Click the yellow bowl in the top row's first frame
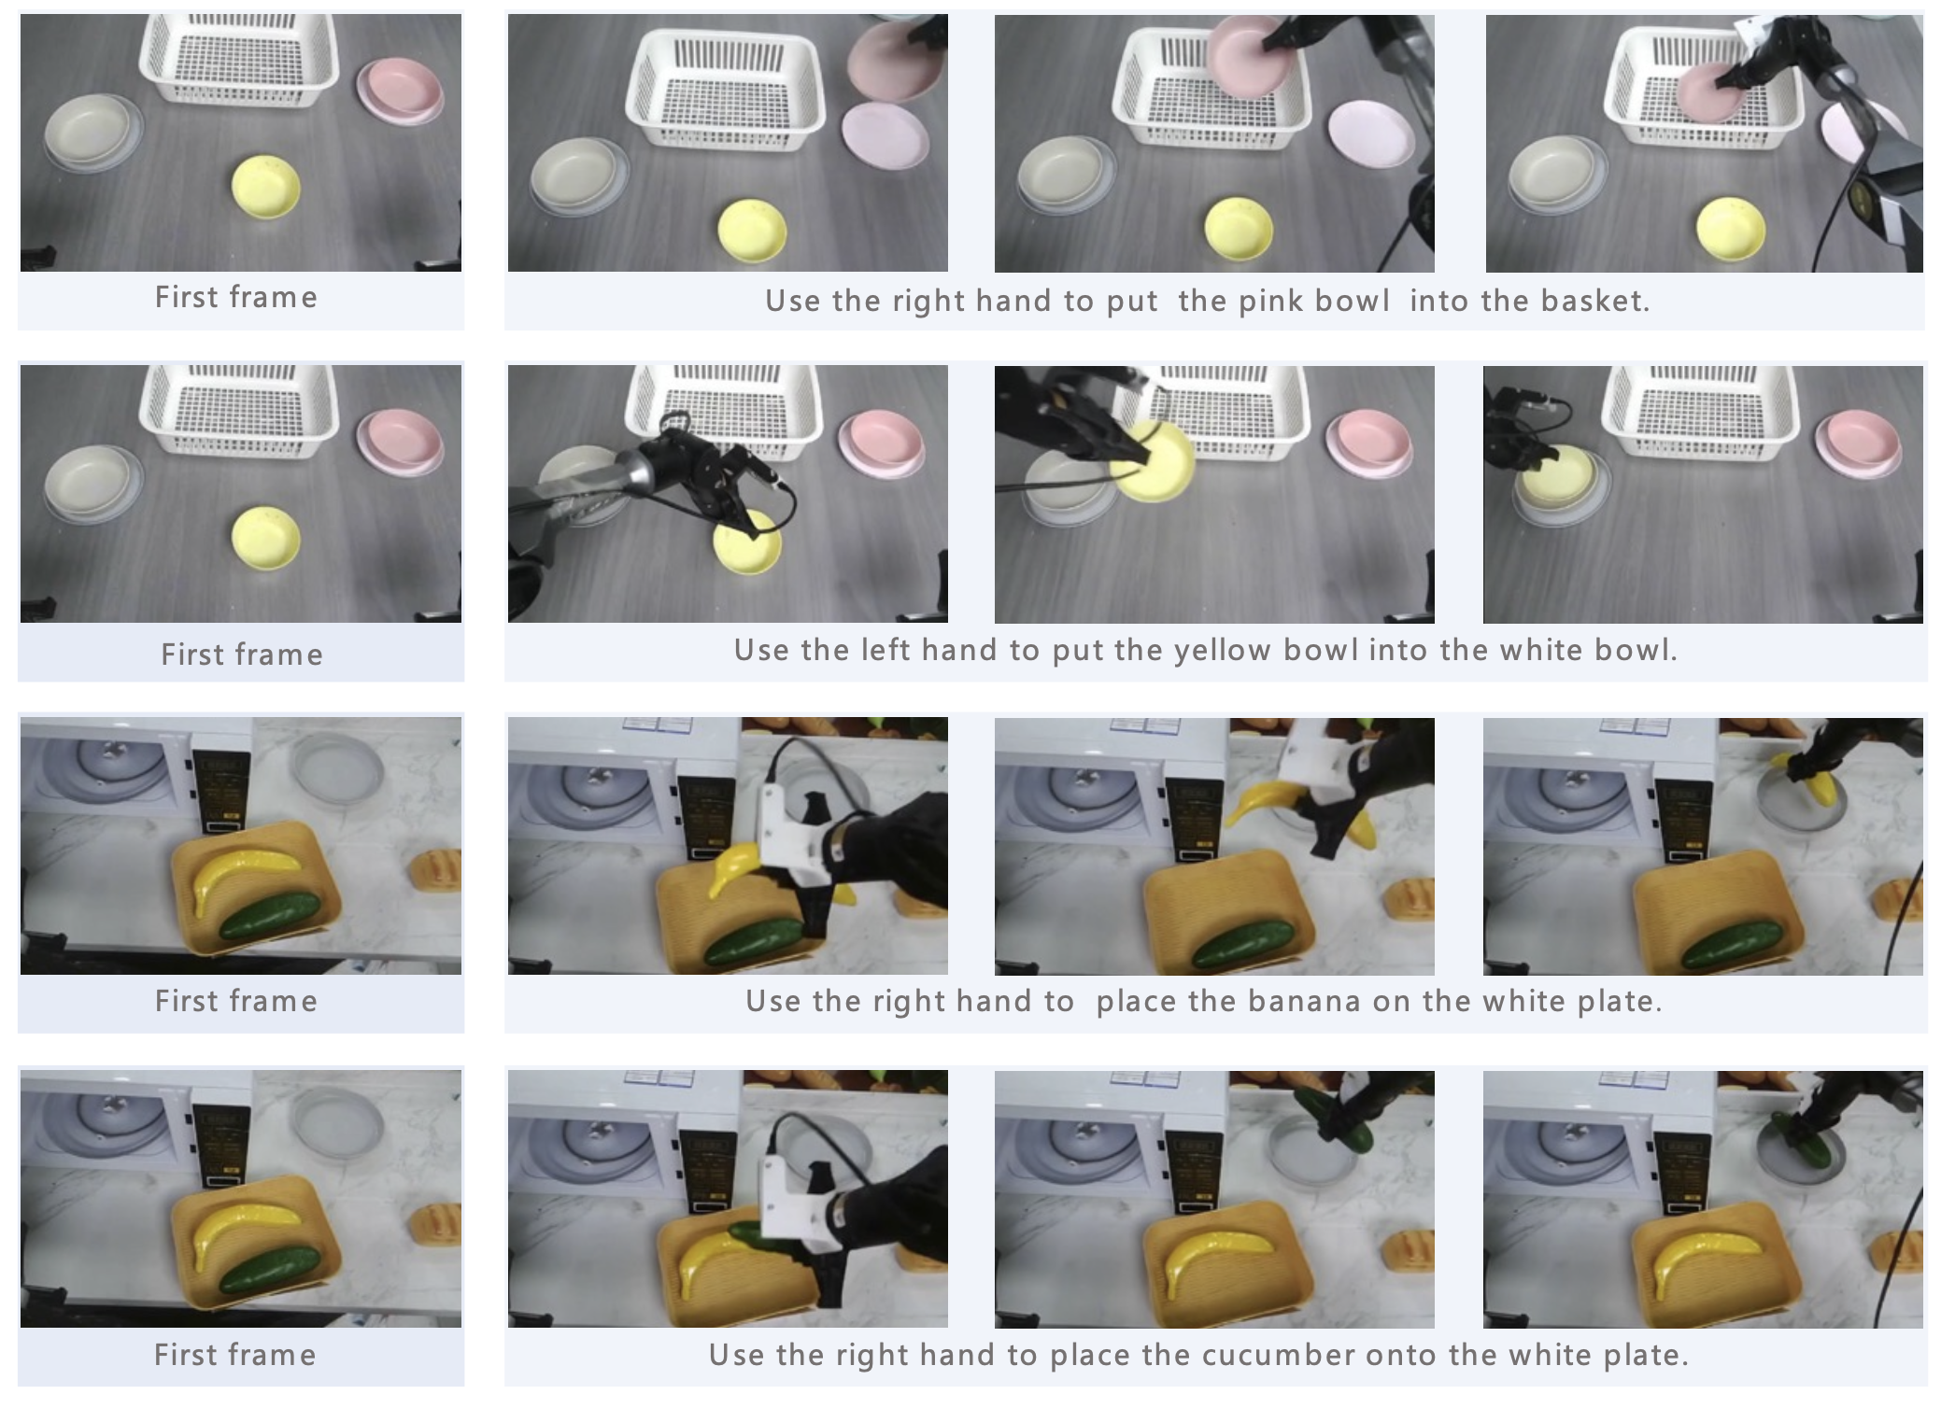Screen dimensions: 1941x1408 [x=266, y=187]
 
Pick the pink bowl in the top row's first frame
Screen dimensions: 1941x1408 [x=401, y=90]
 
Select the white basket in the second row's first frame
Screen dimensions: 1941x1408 [x=238, y=409]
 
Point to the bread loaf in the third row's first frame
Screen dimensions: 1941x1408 [x=437, y=869]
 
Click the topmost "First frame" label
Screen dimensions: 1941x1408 [x=236, y=297]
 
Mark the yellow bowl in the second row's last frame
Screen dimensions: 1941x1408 [x=1555, y=476]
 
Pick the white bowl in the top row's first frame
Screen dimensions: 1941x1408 [x=92, y=132]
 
